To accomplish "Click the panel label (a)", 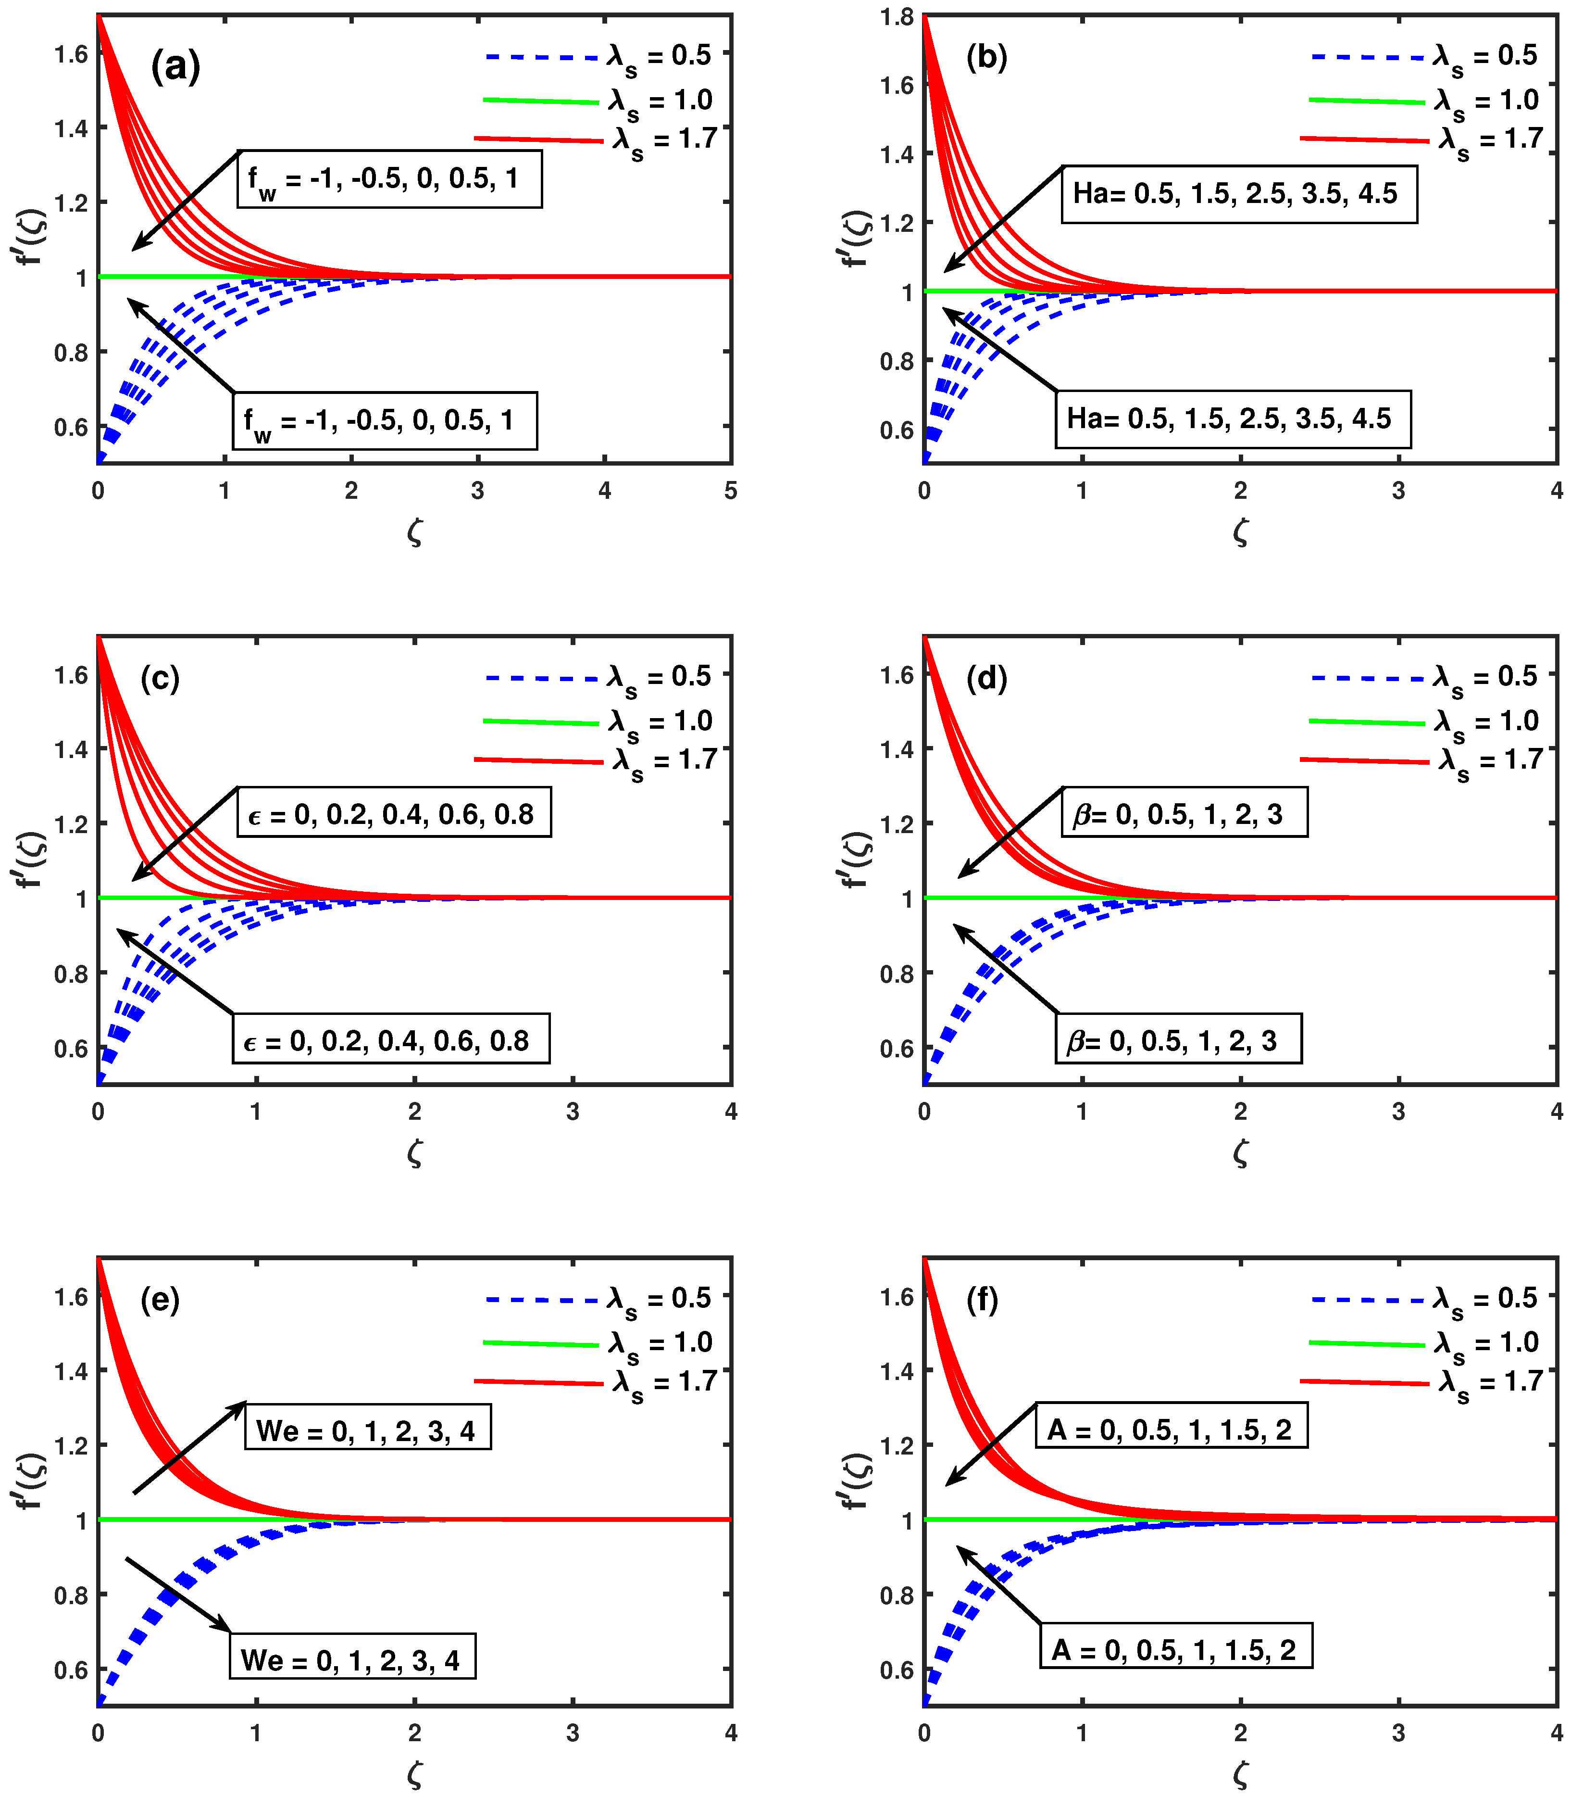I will [175, 67].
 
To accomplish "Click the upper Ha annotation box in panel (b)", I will [1239, 194].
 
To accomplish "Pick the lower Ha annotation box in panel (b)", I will [1233, 419].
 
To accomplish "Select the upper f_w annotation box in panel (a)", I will [389, 179].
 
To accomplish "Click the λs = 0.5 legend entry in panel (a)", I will [599, 57].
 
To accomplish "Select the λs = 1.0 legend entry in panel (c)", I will [599, 722].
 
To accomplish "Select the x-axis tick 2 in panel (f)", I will [1240, 1733].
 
